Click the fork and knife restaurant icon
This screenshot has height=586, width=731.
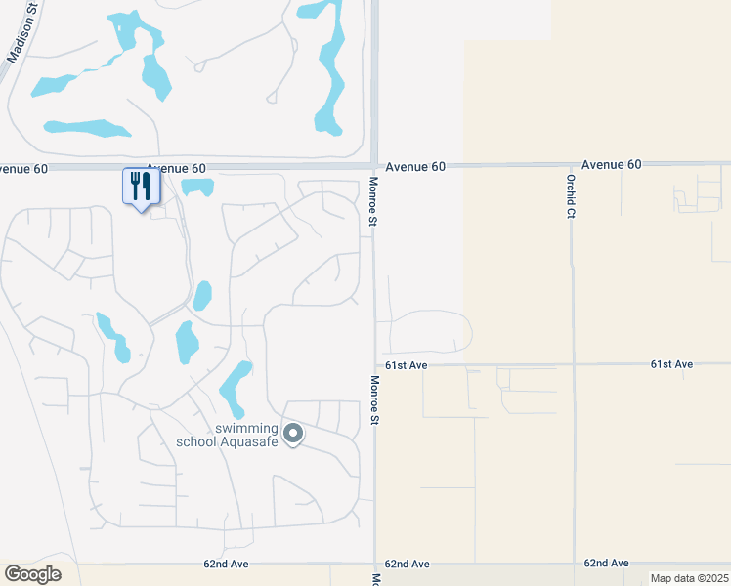click(141, 187)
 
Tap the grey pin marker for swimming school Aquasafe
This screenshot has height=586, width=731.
click(292, 432)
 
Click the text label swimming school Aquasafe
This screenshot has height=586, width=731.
click(228, 436)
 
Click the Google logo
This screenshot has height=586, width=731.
click(32, 574)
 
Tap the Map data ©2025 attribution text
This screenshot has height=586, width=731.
click(689, 578)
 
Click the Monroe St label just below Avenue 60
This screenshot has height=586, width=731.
click(373, 200)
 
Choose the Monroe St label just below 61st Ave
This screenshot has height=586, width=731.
click(373, 399)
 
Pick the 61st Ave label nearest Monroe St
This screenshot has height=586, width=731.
click(407, 365)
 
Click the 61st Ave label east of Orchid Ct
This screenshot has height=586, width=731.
click(671, 364)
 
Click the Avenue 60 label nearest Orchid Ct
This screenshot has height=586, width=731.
click(611, 165)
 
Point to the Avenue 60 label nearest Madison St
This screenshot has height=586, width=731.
click(24, 168)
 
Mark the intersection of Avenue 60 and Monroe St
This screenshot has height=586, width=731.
click(374, 165)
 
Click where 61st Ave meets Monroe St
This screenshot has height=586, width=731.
click(374, 365)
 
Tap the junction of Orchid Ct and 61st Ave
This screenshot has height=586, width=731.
click(573, 364)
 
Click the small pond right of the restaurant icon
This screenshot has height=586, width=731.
click(197, 186)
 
